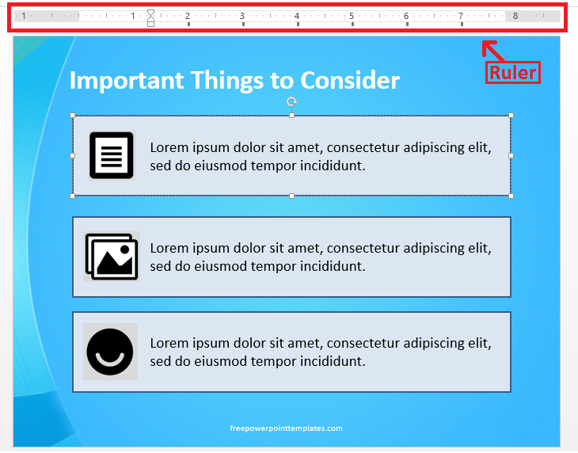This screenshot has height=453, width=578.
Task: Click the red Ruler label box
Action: [513, 72]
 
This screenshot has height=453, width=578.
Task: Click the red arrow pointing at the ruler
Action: [493, 51]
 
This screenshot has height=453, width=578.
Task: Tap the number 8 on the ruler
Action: [515, 16]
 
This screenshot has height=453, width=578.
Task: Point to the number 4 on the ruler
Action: [297, 16]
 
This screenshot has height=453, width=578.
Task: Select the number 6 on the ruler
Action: [406, 16]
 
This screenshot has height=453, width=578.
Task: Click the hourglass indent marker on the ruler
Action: [150, 16]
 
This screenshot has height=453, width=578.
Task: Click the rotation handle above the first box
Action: [291, 101]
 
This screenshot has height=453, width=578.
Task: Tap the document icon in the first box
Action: [111, 155]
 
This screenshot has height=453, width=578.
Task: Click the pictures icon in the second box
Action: [111, 257]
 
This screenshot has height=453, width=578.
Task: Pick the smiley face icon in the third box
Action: [110, 352]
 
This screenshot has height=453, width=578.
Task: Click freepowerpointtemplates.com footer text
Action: [286, 428]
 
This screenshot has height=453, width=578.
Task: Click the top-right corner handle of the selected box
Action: [511, 116]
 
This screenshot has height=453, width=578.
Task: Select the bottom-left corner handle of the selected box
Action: [73, 196]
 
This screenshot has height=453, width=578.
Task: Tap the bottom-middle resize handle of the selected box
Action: [291, 196]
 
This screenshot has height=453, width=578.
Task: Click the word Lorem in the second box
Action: [168, 249]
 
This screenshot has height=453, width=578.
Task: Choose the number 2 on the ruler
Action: [188, 16]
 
